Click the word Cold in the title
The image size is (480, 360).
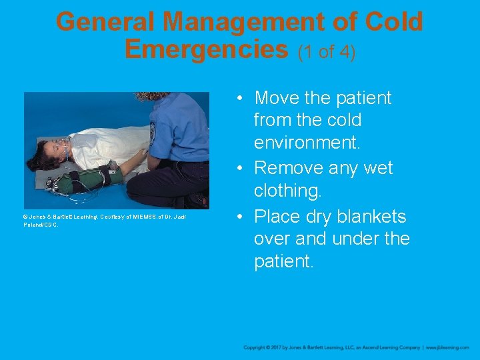pos(393,22)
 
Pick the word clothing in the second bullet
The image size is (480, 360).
pos(287,191)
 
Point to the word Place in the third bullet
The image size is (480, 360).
pos(279,217)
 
